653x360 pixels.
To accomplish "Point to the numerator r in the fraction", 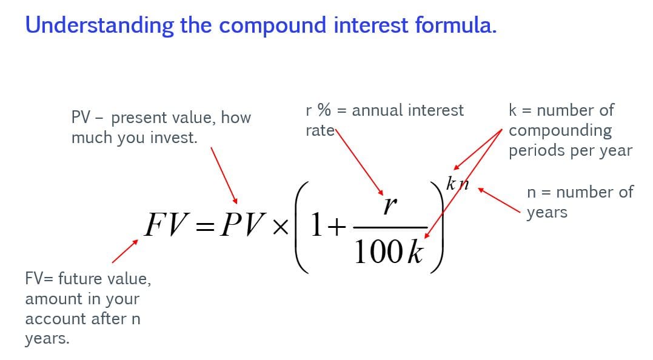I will tap(389, 205).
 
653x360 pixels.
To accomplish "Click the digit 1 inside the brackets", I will tap(316, 226).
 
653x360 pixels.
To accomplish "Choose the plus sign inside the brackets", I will tap(337, 227).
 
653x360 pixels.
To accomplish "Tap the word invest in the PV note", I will tap(175, 138).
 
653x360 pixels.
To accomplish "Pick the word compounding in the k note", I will tap(560, 131).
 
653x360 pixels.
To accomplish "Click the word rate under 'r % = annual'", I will tap(320, 130).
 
